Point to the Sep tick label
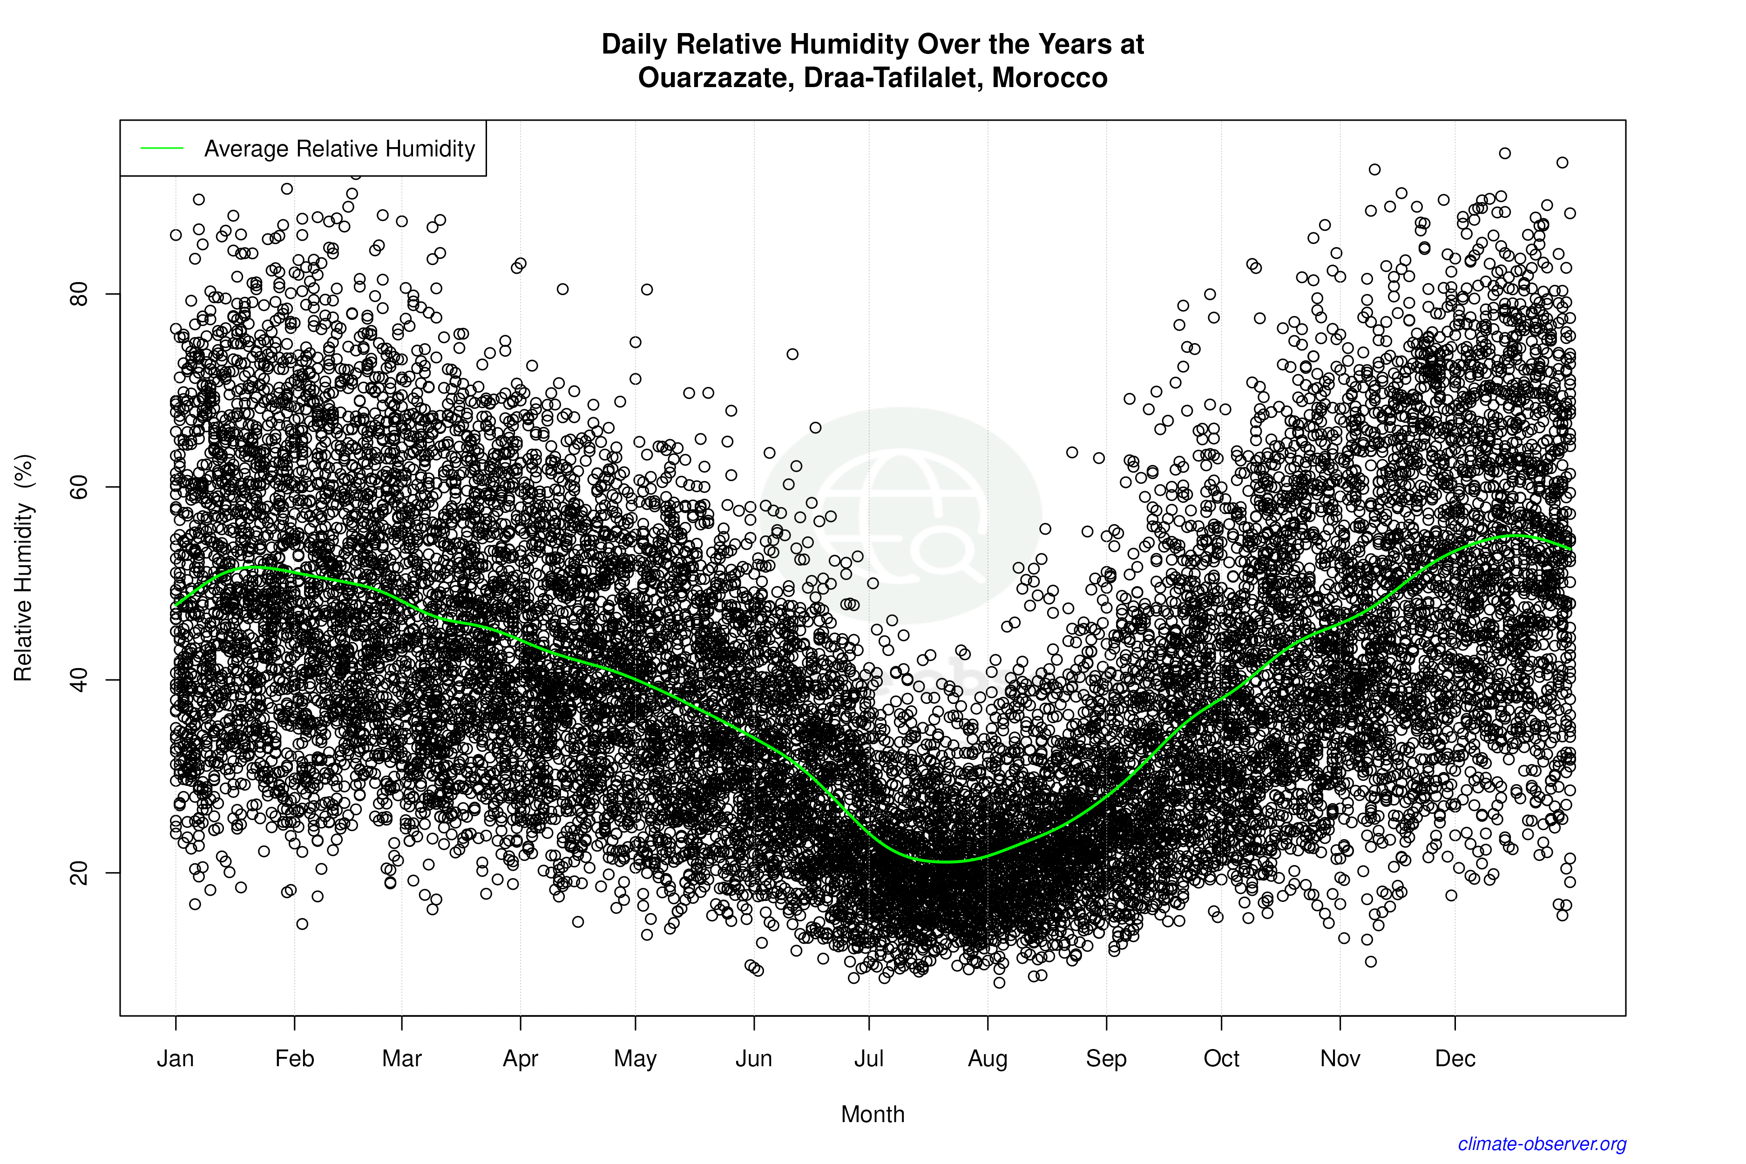coord(1106,1059)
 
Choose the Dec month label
coord(1455,1059)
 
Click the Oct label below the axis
coord(1221,1059)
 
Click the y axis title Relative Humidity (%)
coord(24,568)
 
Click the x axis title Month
coord(873,1114)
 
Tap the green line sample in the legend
coord(162,149)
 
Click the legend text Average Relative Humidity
coord(339,149)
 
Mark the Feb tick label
coord(295,1059)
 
